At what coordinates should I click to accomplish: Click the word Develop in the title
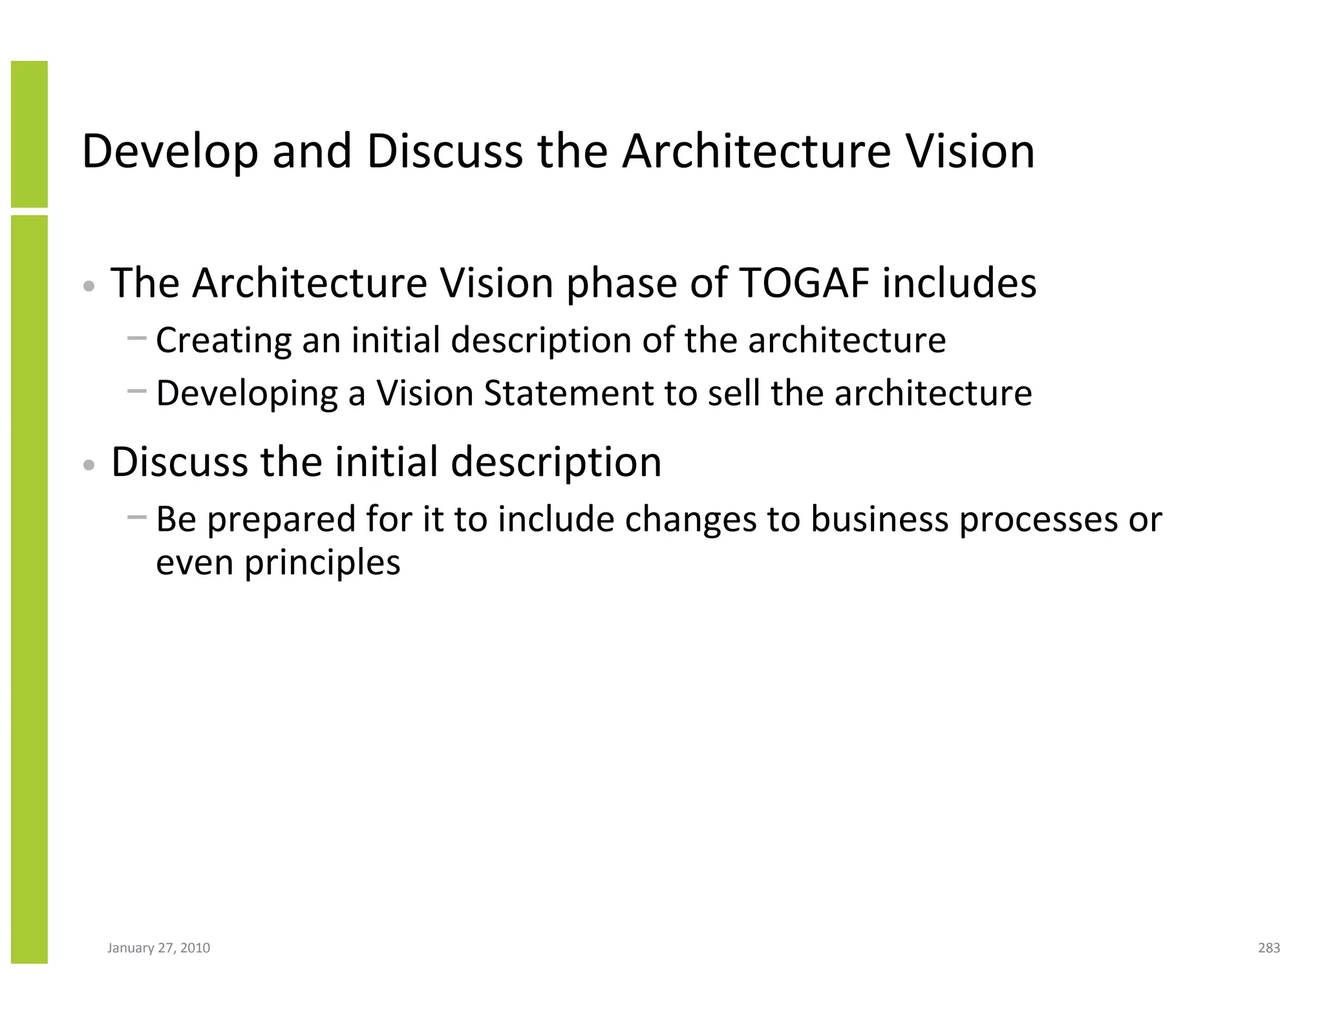(x=169, y=151)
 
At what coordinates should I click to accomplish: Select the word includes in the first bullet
(x=959, y=283)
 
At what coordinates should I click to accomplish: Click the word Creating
(x=223, y=340)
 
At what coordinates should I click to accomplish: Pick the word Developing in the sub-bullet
(x=246, y=393)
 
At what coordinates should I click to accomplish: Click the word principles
(x=322, y=563)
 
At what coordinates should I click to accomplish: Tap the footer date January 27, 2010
(x=158, y=948)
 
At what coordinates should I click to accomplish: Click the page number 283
(x=1268, y=948)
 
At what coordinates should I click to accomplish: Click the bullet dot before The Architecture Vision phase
(x=90, y=285)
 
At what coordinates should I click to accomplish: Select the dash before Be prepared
(x=136, y=516)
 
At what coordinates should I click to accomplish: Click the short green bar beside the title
(x=29, y=134)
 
